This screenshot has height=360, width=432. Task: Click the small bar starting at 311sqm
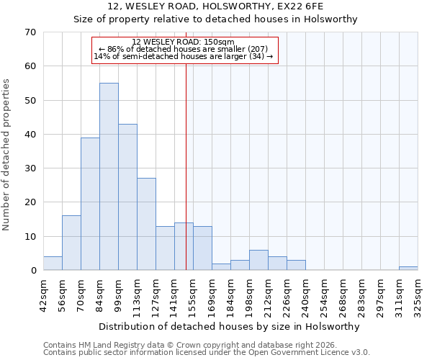[408, 269]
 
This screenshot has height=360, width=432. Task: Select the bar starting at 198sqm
[258, 260]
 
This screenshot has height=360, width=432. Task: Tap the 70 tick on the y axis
[30, 32]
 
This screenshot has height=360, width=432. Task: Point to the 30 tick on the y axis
[30, 168]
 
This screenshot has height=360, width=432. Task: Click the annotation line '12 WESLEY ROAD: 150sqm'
[185, 42]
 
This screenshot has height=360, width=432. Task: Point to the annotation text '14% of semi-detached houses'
[184, 56]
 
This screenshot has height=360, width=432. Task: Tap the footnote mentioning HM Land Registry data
[190, 345]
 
